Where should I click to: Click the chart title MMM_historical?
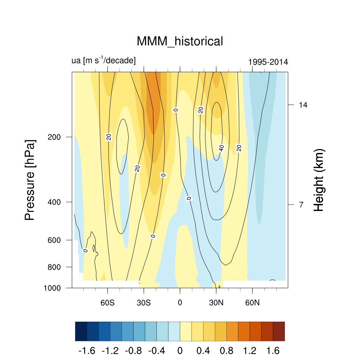(x=180, y=41)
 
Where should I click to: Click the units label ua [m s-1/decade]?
(x=103, y=60)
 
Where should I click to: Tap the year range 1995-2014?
(x=268, y=62)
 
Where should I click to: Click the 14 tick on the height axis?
(x=303, y=105)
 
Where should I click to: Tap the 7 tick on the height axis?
(x=302, y=205)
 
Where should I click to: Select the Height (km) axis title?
(x=319, y=180)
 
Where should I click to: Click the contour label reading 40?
(x=221, y=148)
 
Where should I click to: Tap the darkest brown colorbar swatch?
(x=278, y=331)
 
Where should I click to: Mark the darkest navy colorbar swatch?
(x=81, y=331)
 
